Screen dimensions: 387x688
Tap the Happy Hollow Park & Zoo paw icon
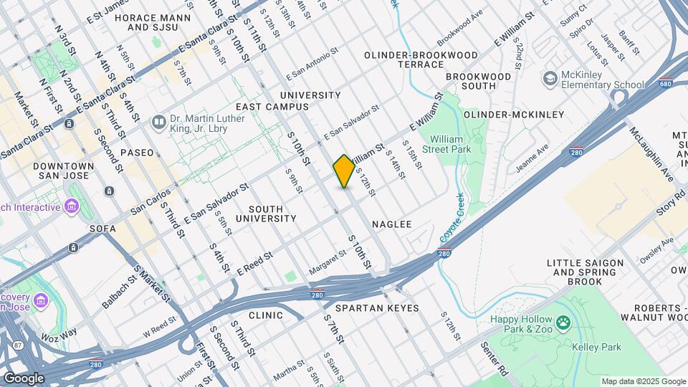[564, 323]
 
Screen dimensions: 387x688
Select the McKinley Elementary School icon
[550, 77]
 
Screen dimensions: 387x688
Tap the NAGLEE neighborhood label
[392, 224]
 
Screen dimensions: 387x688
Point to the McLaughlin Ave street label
[652, 154]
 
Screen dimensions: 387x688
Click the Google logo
[24, 378]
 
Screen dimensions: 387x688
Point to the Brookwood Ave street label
[461, 34]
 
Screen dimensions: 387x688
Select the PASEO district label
[137, 153]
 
